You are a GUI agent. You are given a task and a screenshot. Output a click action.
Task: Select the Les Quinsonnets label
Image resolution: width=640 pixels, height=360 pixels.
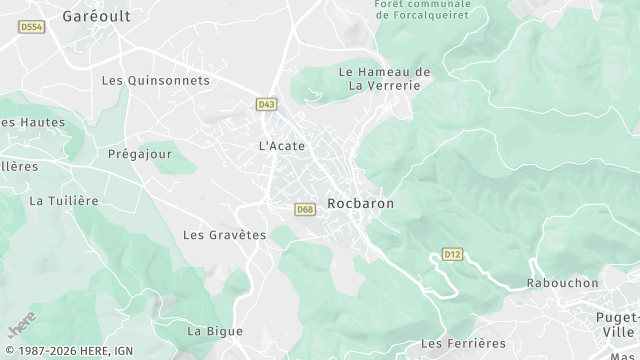click(x=156, y=80)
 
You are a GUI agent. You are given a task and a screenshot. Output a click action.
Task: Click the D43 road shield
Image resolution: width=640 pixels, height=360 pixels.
click(x=265, y=103)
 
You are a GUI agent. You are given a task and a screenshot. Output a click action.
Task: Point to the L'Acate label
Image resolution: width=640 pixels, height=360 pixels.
click(x=282, y=146)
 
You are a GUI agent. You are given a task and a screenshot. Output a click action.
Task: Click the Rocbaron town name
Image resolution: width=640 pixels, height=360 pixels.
click(x=360, y=203)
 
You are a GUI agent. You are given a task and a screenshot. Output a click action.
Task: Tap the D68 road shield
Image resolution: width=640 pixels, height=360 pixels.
click(x=305, y=209)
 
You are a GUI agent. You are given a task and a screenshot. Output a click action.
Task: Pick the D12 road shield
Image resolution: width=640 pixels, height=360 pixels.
click(x=453, y=254)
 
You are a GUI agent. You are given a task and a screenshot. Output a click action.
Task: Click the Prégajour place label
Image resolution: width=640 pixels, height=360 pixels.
click(x=140, y=154)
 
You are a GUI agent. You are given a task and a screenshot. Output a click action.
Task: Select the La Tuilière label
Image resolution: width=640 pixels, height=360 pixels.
click(x=64, y=201)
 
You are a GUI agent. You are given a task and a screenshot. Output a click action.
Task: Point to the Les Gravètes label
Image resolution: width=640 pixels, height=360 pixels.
click(x=224, y=235)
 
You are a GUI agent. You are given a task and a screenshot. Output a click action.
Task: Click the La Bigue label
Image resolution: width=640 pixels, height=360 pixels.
click(x=215, y=331)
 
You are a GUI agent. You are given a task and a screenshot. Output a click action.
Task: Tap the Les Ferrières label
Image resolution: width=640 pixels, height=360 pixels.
click(x=460, y=343)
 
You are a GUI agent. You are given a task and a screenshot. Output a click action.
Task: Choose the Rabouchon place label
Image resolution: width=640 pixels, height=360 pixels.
click(x=562, y=283)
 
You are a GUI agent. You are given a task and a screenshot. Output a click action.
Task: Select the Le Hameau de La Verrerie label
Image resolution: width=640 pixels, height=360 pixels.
click(x=384, y=78)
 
